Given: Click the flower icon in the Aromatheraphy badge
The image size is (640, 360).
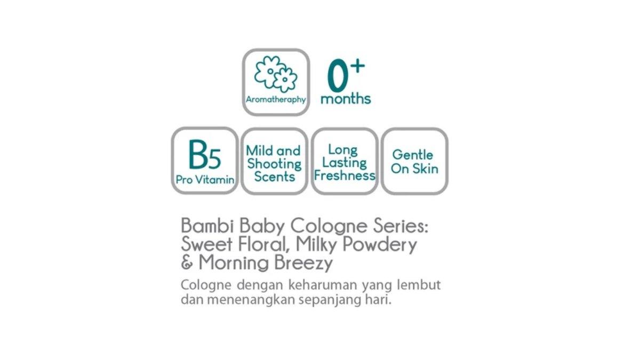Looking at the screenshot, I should (x=275, y=74).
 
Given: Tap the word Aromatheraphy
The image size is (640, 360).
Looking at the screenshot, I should (x=276, y=100).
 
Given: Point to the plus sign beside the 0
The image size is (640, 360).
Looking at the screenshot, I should (x=358, y=66).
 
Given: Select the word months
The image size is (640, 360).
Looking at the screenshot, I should (x=346, y=99).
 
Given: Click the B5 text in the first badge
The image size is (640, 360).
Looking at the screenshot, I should (x=205, y=155).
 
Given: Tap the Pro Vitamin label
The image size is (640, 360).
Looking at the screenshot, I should (x=205, y=180).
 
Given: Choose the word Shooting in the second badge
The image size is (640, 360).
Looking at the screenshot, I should (x=274, y=164).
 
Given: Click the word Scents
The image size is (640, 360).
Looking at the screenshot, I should (x=274, y=177).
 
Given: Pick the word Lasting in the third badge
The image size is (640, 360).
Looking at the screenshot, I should (x=345, y=163).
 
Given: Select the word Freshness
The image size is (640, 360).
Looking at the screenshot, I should (x=345, y=175).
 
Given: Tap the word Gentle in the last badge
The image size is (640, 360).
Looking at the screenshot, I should (x=413, y=155).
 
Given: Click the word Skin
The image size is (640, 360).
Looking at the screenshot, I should (x=426, y=169).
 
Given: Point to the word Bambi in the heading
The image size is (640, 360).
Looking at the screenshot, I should (x=202, y=226).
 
